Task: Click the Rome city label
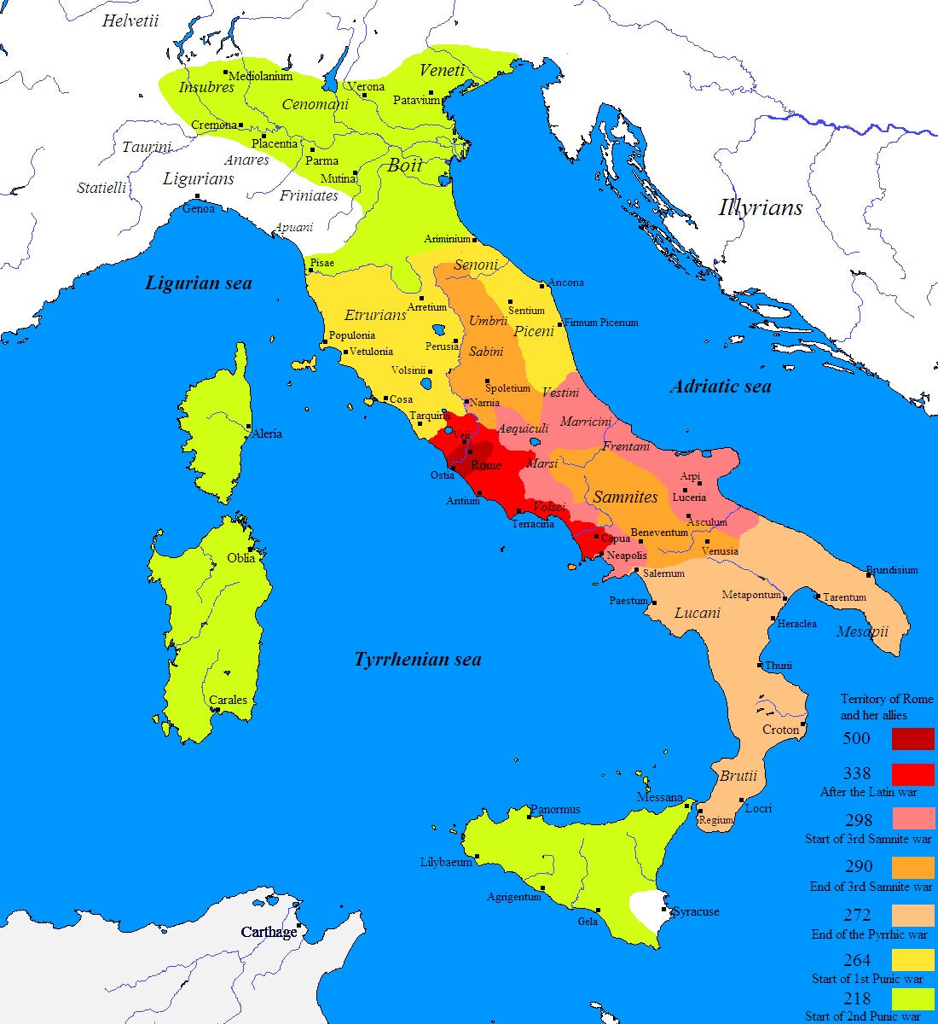(486, 465)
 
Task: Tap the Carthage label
(269, 932)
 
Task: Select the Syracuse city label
(696, 911)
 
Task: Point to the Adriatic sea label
(721, 387)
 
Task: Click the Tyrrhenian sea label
(418, 660)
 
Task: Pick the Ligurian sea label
(199, 283)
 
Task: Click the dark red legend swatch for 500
(912, 739)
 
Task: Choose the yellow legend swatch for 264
(912, 960)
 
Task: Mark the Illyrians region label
(761, 207)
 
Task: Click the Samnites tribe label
(626, 497)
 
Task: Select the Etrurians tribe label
(375, 315)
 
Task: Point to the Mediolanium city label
(261, 76)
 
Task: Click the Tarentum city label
(844, 597)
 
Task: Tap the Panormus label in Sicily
(555, 809)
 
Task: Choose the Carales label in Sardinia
(229, 700)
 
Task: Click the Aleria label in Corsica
(267, 433)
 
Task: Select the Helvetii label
(130, 21)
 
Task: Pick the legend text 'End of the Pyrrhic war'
(869, 934)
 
